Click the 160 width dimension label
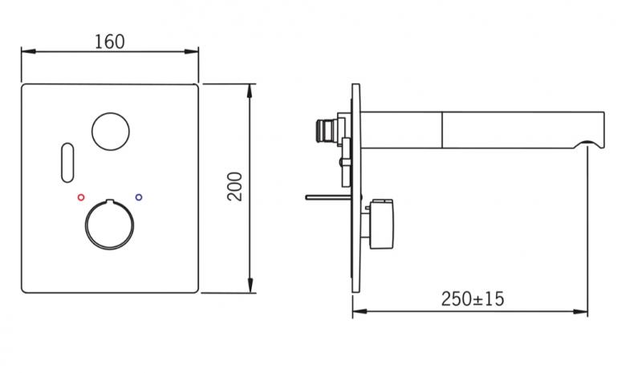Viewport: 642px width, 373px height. (x=110, y=40)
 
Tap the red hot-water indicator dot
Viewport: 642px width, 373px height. (x=79, y=197)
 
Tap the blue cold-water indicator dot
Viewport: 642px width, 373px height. (x=139, y=196)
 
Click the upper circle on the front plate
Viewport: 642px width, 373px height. (x=109, y=131)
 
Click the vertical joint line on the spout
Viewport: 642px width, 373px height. (x=443, y=129)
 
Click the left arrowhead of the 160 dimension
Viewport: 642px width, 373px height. (x=25, y=52)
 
